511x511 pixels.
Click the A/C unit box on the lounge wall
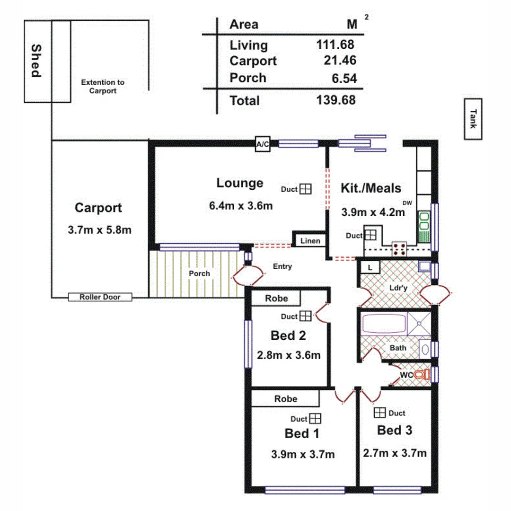click(263, 144)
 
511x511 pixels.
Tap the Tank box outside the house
click(473, 119)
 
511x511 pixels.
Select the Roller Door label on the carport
click(100, 297)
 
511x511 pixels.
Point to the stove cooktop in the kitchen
click(399, 248)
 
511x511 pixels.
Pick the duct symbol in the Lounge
click(306, 189)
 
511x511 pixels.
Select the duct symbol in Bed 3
click(379, 413)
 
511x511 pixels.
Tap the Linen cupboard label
click(311, 241)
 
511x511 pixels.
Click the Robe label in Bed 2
click(276, 299)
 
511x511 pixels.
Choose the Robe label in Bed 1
click(286, 399)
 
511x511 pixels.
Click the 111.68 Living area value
click(335, 45)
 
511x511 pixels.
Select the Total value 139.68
click(336, 100)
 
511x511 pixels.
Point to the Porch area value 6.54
click(344, 78)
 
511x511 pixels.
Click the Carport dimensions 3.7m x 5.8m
click(99, 230)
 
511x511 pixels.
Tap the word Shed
click(36, 61)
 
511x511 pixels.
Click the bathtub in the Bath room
click(384, 325)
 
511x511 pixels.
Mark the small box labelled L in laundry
click(370, 267)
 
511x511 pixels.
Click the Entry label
click(282, 266)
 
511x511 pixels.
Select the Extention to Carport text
click(103, 86)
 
